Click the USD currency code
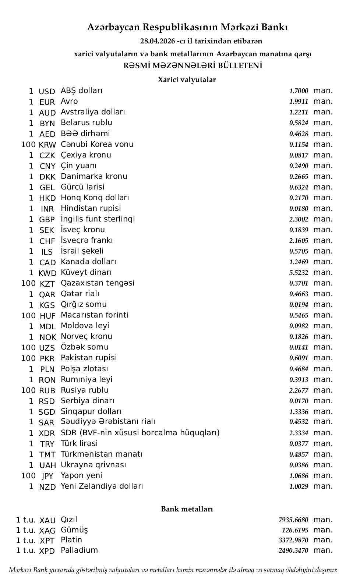click(47, 91)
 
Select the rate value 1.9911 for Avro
click(299, 102)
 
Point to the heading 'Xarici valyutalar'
click(187, 79)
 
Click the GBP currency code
click(47, 220)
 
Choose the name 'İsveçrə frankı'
click(87, 240)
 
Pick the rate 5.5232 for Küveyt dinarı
click(299, 273)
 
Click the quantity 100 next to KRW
click(28, 145)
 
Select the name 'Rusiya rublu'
click(85, 390)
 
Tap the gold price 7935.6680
click(293, 520)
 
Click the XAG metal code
click(47, 531)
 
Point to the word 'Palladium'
click(79, 550)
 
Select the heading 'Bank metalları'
click(187, 509)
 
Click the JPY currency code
click(47, 476)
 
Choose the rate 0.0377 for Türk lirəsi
click(299, 444)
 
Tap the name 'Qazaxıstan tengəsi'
click(98, 283)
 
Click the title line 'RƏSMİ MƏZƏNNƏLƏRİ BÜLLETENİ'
click(193, 66)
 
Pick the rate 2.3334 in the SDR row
click(299, 433)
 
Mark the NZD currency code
click(47, 487)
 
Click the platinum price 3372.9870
click(293, 540)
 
